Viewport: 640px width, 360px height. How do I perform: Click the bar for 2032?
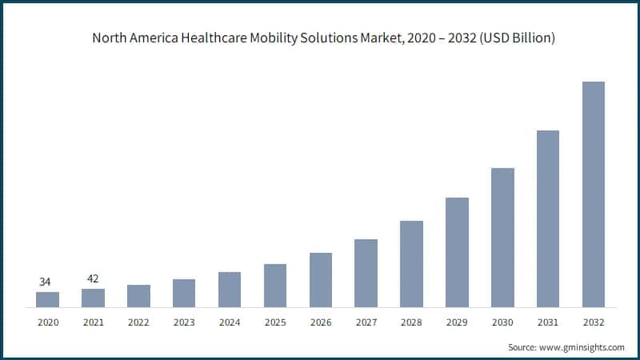tap(593, 194)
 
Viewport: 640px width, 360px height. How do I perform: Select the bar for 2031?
tap(547, 218)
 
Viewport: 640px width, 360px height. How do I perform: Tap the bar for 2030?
tap(502, 238)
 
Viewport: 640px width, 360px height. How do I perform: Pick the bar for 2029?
tap(457, 252)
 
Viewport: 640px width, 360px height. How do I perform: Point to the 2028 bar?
tap(411, 264)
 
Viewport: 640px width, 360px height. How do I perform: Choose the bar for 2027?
tap(366, 273)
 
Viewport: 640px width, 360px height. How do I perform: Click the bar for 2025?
tap(275, 286)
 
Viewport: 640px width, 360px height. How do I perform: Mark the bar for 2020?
tap(47, 299)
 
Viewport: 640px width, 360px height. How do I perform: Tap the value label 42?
tap(93, 278)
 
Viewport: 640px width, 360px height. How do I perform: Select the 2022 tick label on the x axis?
tap(138, 322)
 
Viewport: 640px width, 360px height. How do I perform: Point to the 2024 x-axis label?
tap(230, 322)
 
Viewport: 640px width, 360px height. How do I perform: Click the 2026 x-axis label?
tap(321, 322)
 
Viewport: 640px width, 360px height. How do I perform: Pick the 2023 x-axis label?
tap(184, 322)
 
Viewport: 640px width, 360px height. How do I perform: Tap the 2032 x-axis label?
tap(593, 322)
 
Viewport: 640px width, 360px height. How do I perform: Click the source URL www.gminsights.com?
tap(582, 347)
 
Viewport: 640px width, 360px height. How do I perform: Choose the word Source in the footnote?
tap(523, 347)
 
